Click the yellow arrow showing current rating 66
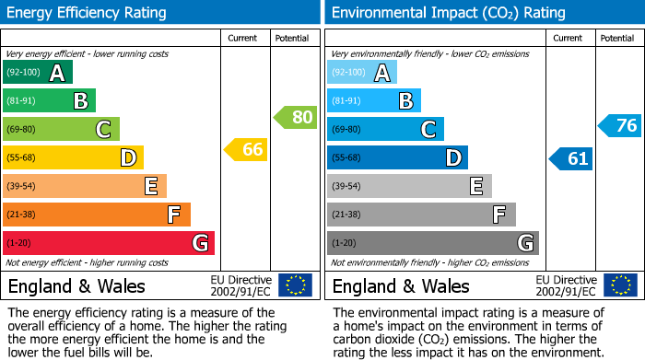[246, 149]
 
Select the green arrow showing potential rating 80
[295, 117]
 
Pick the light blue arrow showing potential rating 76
[619, 126]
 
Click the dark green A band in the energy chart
[38, 73]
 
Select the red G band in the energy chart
[109, 243]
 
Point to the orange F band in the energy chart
[97, 215]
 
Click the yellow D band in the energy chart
[73, 157]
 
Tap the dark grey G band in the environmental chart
[432, 243]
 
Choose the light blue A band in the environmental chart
[362, 73]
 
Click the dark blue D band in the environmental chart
[397, 157]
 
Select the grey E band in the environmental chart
[409, 186]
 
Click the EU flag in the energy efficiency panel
[295, 285]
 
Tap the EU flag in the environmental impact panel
[619, 285]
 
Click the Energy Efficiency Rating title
[88, 13]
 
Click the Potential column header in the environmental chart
[617, 38]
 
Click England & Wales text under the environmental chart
[401, 285]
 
